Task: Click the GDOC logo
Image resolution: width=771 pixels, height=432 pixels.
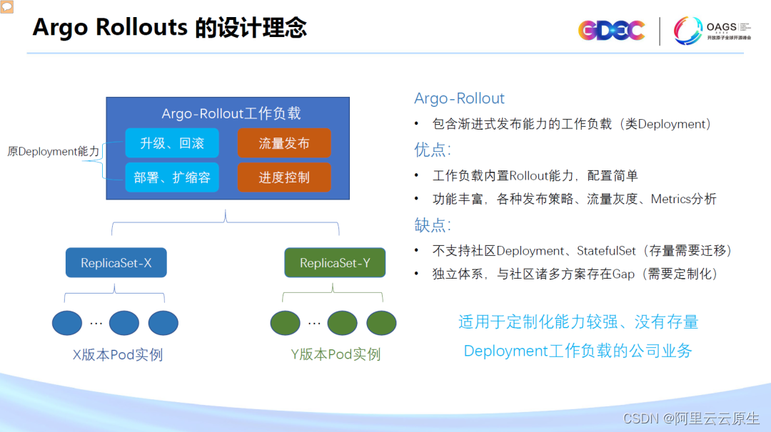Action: click(611, 31)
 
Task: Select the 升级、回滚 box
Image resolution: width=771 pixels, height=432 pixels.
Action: click(172, 143)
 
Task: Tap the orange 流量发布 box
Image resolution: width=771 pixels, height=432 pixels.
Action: click(284, 143)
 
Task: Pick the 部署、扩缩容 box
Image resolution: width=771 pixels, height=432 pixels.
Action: click(172, 177)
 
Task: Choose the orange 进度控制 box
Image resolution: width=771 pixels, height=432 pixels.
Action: click(284, 177)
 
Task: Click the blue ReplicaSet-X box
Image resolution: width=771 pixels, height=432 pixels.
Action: click(116, 263)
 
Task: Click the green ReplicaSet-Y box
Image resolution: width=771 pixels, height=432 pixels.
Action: click(335, 263)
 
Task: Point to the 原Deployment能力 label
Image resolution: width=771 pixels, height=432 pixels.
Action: click(53, 151)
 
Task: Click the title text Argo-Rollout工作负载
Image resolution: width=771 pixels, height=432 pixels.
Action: click(231, 113)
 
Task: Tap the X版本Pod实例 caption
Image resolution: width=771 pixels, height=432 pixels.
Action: click(118, 354)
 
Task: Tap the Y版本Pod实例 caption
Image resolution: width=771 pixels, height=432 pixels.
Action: click(336, 354)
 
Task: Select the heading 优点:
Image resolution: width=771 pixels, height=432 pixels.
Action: click(433, 150)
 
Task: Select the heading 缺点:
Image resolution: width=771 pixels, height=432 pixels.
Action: click(433, 225)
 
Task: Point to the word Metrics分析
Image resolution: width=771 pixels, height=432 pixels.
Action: click(683, 200)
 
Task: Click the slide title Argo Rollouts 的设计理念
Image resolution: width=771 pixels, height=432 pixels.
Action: click(170, 28)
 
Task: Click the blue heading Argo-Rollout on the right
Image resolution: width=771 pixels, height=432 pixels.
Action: click(459, 98)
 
